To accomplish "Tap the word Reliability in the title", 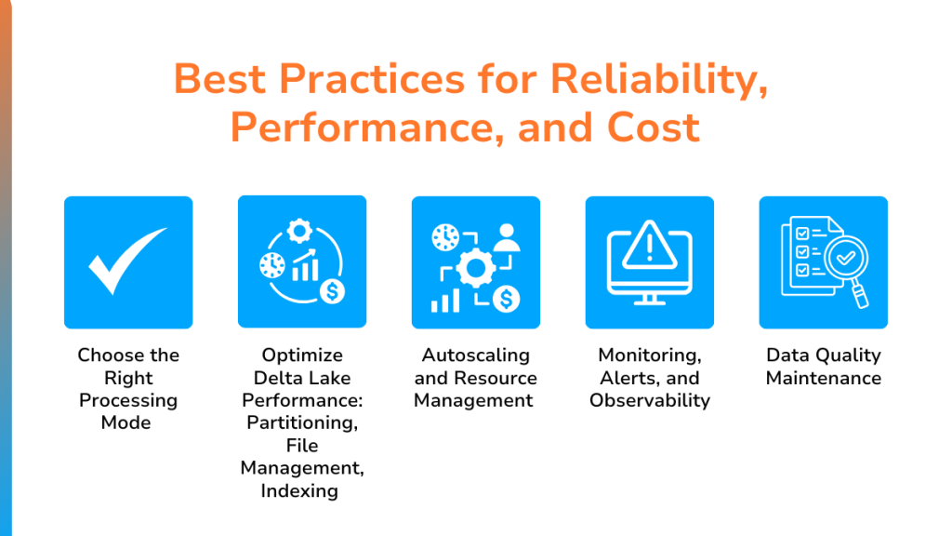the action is pyautogui.click(x=659, y=80).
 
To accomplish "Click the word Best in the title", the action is pyautogui.click(x=219, y=79).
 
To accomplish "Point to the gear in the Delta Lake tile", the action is pyautogui.click(x=299, y=231).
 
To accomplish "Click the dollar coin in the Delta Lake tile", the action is pyautogui.click(x=332, y=291).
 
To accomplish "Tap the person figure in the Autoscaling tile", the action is pyautogui.click(x=507, y=237).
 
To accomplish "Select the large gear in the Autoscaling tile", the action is pyautogui.click(x=475, y=268).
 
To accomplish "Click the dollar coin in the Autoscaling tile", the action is pyautogui.click(x=506, y=299).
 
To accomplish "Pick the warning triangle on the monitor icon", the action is pyautogui.click(x=650, y=245).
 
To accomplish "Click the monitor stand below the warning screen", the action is pyautogui.click(x=650, y=300).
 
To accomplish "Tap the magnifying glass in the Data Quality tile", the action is pyautogui.click(x=848, y=267).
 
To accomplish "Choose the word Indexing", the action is pyautogui.click(x=299, y=491).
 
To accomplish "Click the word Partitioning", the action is pyautogui.click(x=302, y=423).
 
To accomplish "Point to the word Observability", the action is pyautogui.click(x=650, y=400).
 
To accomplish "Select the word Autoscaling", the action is pyautogui.click(x=476, y=355).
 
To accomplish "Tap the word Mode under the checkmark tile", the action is pyautogui.click(x=126, y=422).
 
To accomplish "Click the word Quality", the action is pyautogui.click(x=851, y=355).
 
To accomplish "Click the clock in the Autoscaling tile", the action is pyautogui.click(x=445, y=237).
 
